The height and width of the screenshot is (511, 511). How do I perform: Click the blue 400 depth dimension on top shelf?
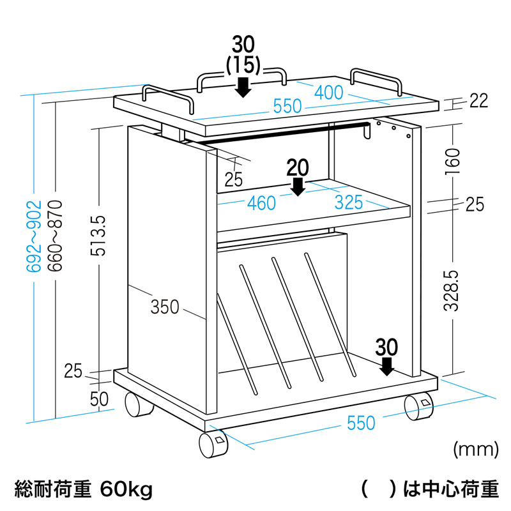[328, 93]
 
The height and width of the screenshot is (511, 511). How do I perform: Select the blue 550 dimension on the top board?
[287, 106]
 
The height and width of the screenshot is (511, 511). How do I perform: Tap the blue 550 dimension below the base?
[361, 423]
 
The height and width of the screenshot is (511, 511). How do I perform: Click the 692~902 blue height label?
[34, 236]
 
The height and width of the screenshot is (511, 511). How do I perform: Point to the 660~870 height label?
[55, 236]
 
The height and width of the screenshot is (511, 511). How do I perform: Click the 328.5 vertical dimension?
[452, 291]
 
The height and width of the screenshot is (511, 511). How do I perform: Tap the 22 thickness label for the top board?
[478, 101]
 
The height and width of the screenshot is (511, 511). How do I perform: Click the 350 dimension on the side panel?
[165, 307]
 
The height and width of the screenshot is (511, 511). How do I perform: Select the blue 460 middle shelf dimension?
[261, 203]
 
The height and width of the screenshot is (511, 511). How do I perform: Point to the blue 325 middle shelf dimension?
[349, 202]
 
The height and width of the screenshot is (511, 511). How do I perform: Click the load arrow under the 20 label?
[298, 187]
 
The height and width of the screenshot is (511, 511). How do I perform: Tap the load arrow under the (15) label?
[243, 88]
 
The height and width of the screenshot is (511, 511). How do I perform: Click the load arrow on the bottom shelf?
[387, 366]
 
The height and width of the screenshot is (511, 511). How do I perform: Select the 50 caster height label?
[99, 399]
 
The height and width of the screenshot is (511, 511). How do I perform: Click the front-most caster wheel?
[213, 445]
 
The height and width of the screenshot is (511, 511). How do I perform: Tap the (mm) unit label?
[476, 450]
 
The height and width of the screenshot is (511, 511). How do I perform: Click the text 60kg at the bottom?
[126, 489]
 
